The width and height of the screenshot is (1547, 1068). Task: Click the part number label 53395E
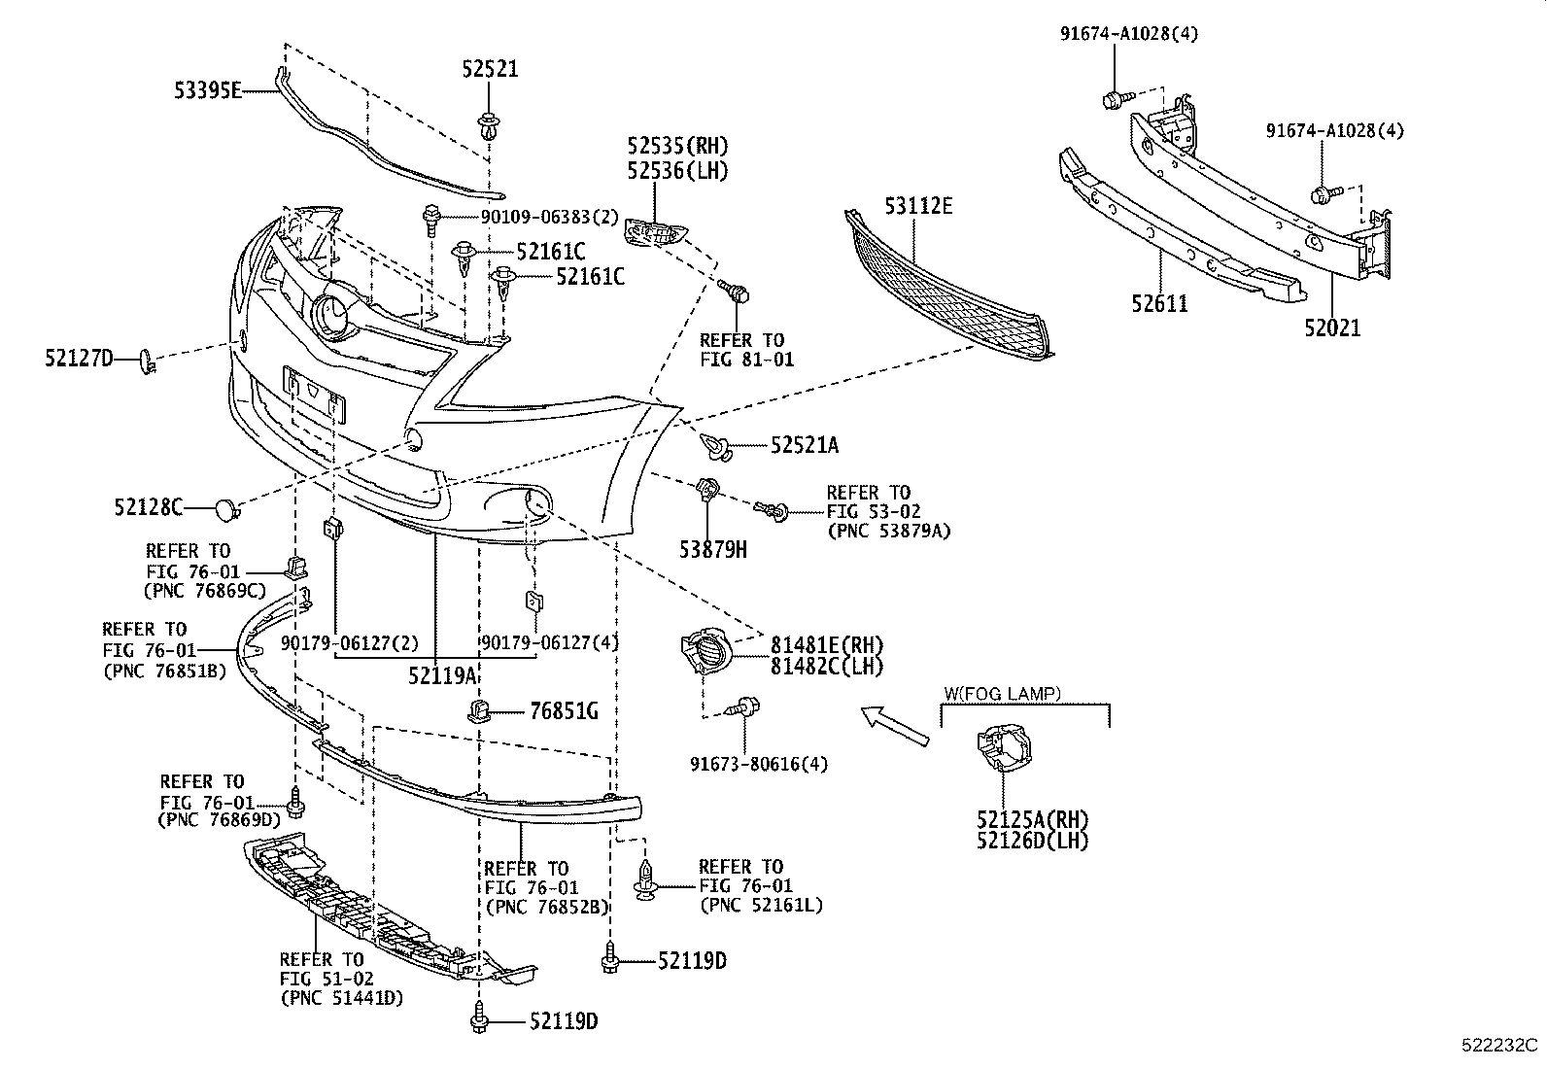click(x=207, y=91)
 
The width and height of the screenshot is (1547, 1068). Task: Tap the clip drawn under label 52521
click(x=489, y=126)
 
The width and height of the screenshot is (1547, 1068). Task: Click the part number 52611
click(x=1159, y=304)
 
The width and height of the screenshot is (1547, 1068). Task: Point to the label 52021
click(x=1332, y=328)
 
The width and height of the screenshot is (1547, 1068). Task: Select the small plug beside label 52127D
click(x=146, y=362)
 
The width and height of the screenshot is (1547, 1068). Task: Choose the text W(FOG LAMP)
click(x=1002, y=694)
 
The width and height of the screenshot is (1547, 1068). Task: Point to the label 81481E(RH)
click(x=827, y=644)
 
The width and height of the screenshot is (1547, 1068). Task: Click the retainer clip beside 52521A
click(x=716, y=447)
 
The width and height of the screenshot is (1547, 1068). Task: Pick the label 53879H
click(x=712, y=550)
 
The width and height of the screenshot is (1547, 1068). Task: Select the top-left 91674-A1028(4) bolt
click(x=1115, y=98)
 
